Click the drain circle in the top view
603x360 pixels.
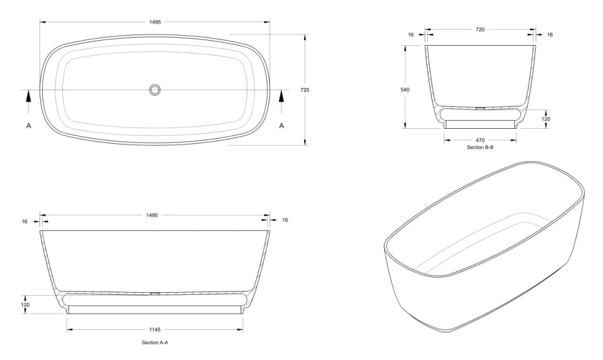point(155,90)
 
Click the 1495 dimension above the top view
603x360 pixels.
point(155,22)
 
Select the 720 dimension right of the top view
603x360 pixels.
point(305,90)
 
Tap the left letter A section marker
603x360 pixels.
point(29,126)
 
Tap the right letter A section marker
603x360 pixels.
point(281,126)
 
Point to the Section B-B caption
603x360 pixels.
point(480,147)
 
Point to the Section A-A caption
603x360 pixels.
point(155,342)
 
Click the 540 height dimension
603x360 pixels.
point(405,90)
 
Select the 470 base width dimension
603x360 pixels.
point(480,140)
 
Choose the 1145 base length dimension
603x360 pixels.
point(155,329)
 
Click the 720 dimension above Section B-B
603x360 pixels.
point(480,29)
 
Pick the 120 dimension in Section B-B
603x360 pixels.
point(546,119)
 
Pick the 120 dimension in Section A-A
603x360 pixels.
point(26,305)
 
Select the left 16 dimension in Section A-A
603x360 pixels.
point(25,221)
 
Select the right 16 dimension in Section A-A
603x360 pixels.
point(285,220)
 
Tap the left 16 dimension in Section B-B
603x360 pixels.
point(411,35)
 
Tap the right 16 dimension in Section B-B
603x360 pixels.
point(550,35)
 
